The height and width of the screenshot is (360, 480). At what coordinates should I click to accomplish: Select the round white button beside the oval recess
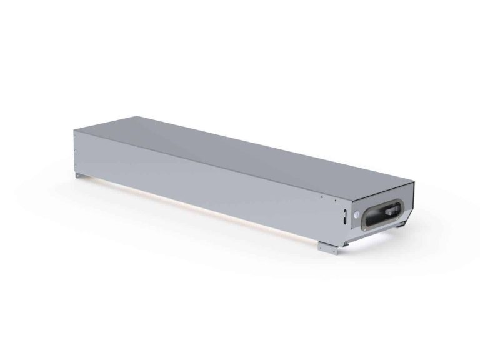(x=357, y=213)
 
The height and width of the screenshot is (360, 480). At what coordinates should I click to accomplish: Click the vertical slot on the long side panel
(x=343, y=218)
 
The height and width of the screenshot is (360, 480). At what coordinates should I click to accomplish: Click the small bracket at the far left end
(x=78, y=177)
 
